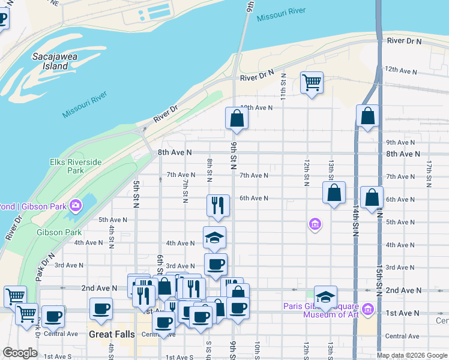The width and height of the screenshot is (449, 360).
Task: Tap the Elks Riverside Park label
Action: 76,166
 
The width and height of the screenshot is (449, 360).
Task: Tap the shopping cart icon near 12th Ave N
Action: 312,82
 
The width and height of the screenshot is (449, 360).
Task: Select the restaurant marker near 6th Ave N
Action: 217,205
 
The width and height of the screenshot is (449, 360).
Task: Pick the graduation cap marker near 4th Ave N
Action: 215,238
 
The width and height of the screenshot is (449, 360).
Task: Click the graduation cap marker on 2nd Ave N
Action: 325,297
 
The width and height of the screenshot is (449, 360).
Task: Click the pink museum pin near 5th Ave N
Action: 315,225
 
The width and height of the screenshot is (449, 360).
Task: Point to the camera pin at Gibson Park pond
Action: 76,206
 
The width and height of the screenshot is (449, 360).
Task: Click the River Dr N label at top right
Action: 405,41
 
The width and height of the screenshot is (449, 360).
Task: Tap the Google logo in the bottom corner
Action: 20,353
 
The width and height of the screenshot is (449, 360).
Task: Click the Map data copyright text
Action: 412,355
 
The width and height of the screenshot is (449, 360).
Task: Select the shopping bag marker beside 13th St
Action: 334,193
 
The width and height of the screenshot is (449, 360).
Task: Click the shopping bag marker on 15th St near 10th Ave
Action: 367,116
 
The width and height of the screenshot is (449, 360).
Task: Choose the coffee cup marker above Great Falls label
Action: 101,310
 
